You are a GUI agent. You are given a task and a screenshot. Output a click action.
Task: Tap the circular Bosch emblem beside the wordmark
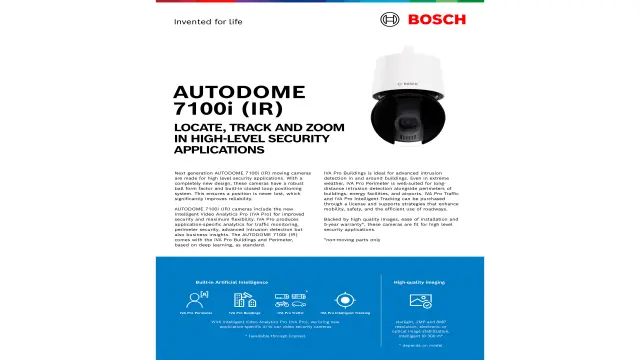390,19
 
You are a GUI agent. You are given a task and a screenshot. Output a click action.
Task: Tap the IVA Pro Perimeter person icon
194,298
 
